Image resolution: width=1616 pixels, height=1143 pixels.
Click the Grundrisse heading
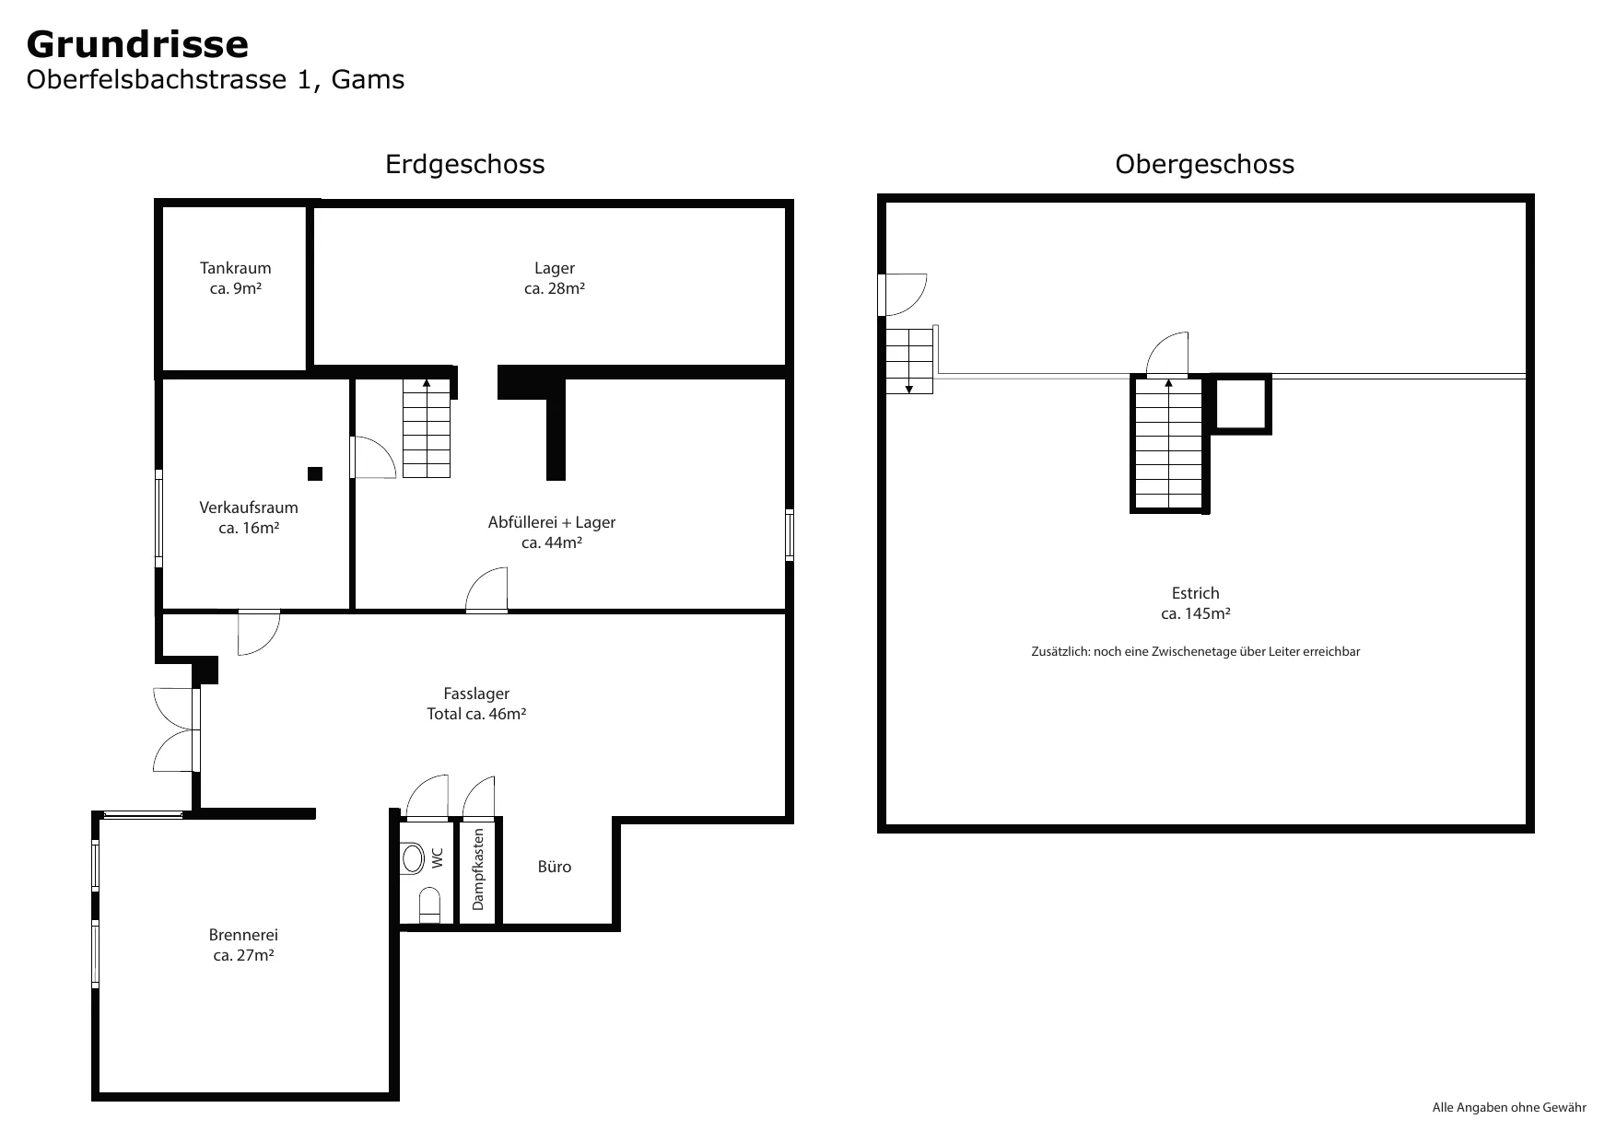coord(137,44)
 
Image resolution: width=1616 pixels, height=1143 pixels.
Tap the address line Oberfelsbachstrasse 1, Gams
coord(216,80)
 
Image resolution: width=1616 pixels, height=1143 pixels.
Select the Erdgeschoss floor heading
coord(464,165)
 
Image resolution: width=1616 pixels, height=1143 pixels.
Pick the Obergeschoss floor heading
coord(1204,165)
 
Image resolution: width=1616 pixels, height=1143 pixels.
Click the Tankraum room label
coord(236,268)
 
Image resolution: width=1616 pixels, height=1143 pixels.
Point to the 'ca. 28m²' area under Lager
coord(555,288)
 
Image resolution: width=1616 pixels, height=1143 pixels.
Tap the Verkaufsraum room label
coord(249,507)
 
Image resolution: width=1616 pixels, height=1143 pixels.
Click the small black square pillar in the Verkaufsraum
coord(315,473)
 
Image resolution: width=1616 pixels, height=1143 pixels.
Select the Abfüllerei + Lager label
coord(552,522)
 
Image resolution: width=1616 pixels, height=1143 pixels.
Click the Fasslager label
coord(476,694)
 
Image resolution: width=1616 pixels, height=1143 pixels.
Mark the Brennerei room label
coord(243,935)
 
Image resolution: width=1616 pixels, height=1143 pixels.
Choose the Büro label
coord(555,867)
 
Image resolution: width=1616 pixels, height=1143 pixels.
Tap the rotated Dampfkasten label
coord(478,869)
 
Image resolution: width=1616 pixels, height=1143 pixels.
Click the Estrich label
coord(1196,593)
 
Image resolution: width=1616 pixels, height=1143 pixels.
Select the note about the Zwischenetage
coord(1196,651)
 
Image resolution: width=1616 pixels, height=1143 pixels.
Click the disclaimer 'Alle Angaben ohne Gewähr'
coord(1509,1107)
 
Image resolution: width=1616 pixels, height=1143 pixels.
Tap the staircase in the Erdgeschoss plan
coord(427,428)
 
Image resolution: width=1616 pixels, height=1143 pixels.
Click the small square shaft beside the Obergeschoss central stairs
coord(1240,403)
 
